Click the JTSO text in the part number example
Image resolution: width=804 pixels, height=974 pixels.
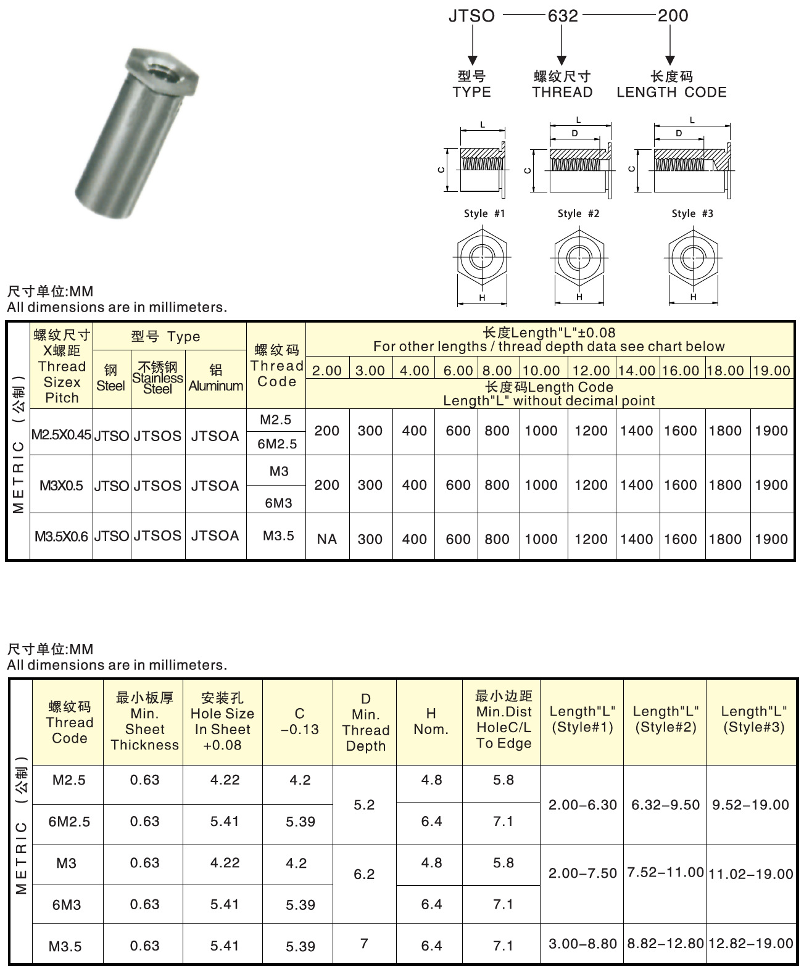point(471,16)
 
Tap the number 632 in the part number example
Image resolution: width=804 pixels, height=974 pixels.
point(563,16)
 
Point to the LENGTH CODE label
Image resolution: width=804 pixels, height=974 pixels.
point(671,93)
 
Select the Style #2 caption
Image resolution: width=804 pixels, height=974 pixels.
point(578,213)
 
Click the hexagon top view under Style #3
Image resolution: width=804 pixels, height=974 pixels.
point(693,258)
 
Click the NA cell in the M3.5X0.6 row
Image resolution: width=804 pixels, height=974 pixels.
point(326,539)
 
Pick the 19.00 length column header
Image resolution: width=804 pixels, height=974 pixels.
point(771,371)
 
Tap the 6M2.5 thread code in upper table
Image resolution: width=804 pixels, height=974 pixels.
point(277,444)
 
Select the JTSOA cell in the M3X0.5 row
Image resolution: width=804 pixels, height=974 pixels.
point(215,485)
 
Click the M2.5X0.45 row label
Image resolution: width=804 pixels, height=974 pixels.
point(61,435)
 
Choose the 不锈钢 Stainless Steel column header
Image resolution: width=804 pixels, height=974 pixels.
point(157,378)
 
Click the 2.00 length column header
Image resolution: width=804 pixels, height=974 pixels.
point(326,371)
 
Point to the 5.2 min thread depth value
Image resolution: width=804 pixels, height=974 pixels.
point(364,805)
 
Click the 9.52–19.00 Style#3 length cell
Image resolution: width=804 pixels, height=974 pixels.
point(750,805)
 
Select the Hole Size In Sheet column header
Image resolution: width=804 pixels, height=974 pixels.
point(222,722)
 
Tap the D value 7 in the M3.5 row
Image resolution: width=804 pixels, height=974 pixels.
point(364,943)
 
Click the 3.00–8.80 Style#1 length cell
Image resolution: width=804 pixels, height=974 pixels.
point(582,944)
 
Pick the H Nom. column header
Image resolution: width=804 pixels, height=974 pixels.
point(431,722)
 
